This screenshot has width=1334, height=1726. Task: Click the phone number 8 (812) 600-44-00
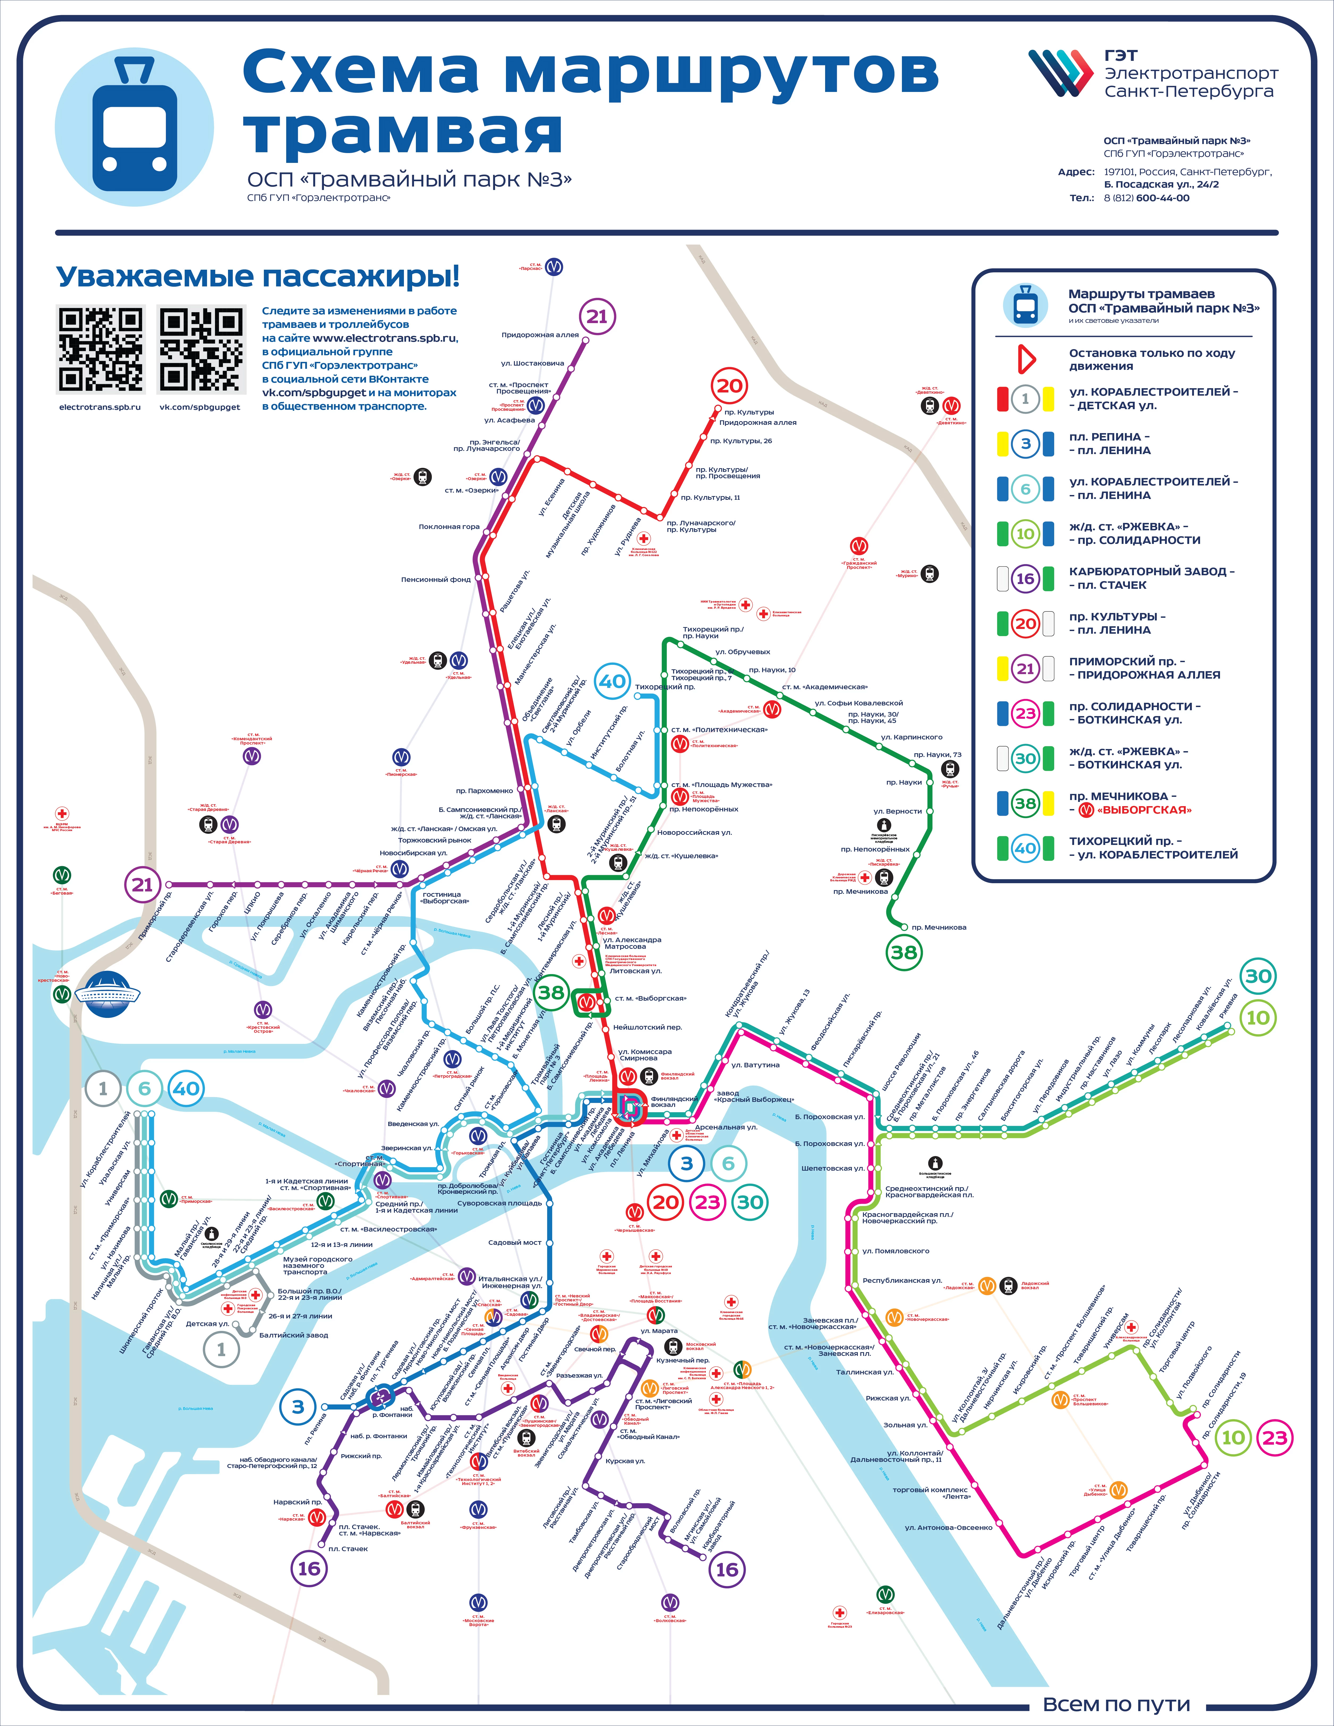(x=1146, y=198)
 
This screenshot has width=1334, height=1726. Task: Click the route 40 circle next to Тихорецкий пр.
(x=613, y=681)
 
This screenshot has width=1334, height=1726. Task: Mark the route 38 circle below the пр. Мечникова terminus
(x=903, y=952)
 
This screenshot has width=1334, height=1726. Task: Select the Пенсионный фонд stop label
(x=436, y=579)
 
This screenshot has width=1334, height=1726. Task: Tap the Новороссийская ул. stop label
(x=694, y=832)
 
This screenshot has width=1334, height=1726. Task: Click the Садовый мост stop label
(x=514, y=1242)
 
